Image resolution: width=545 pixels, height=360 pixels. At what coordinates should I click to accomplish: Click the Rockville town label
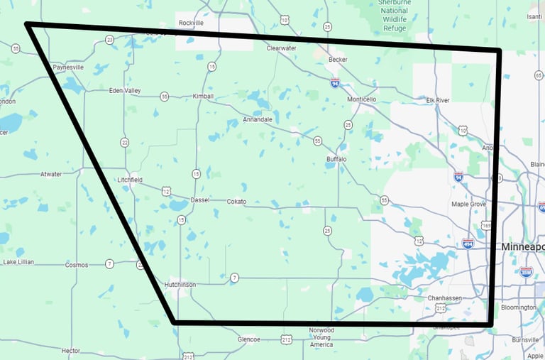(191, 23)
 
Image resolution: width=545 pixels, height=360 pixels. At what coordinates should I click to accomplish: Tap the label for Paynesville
(68, 67)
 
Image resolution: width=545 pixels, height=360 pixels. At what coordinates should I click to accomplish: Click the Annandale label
(257, 119)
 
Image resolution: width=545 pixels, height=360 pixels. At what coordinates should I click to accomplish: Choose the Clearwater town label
(281, 48)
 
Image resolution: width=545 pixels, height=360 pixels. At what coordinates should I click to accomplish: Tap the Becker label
(338, 60)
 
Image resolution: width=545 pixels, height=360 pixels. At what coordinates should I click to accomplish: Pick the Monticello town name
(362, 99)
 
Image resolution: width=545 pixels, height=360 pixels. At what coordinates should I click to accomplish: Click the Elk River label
(437, 100)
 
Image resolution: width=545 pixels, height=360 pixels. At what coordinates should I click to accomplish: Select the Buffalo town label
(336, 159)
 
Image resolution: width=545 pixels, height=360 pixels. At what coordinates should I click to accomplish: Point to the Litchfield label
(130, 180)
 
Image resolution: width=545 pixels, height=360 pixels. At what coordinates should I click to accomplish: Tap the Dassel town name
(200, 200)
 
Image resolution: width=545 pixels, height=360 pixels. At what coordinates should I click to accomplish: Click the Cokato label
(236, 202)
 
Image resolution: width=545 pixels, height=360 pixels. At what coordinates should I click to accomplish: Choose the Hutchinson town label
(180, 284)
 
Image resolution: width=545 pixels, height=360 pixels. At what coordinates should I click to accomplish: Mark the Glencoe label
(248, 339)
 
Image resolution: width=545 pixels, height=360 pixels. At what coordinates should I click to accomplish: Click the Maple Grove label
(469, 204)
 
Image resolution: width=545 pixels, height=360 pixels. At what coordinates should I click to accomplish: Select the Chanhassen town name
(446, 298)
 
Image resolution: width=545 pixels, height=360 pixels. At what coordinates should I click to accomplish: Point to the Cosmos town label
(77, 265)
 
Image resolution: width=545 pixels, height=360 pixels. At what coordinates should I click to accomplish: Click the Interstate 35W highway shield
(526, 271)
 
